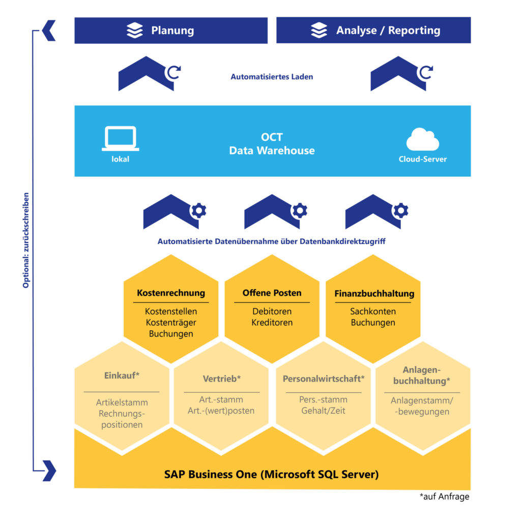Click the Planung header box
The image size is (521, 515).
coord(171,31)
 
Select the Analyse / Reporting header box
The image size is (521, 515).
coord(373,31)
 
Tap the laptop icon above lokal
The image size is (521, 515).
coord(120,139)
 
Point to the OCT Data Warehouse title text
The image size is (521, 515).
coord(272,144)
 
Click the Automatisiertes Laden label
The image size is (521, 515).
coord(272,77)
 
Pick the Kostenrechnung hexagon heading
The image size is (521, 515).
coord(171,293)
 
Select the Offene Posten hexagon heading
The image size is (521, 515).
coord(272,293)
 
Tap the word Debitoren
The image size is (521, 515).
coord(272,311)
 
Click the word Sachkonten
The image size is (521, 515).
coord(373,311)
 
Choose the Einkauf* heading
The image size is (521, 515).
coord(122,375)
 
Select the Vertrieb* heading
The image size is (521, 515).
coord(221,379)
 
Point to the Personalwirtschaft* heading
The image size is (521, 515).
coord(324,379)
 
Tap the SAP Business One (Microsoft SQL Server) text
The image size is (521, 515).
coord(272,474)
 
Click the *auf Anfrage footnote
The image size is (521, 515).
coord(444,497)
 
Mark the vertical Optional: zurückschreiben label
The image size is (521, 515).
coord(26,240)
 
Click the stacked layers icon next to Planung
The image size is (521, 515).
coord(135,31)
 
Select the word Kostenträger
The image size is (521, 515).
coord(171,322)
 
